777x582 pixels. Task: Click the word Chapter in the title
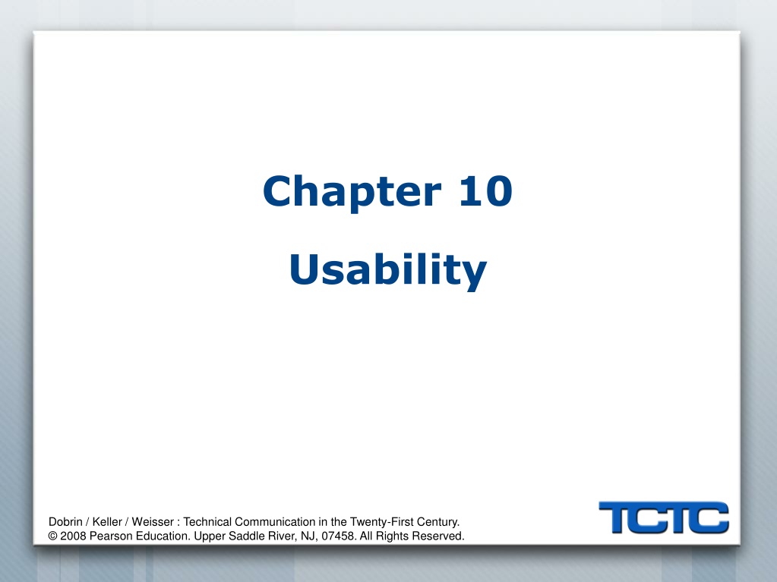tap(352, 192)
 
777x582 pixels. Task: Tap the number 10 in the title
tap(485, 191)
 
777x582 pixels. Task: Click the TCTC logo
tap(664, 518)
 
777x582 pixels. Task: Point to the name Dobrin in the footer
tap(65, 521)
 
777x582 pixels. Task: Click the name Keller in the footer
tap(107, 521)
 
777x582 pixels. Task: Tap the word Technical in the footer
tap(207, 521)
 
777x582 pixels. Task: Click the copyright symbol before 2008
tap(52, 536)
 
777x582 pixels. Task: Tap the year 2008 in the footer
tap(74, 536)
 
